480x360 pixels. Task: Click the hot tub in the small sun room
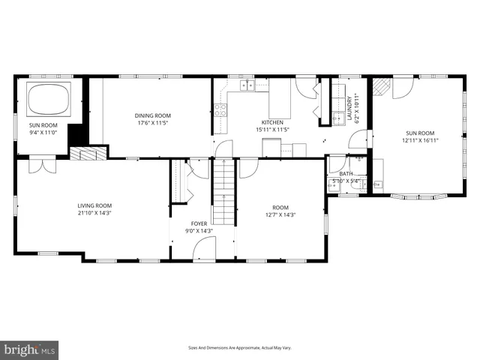47,99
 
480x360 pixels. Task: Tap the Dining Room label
153,115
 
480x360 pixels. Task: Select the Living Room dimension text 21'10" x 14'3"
94,213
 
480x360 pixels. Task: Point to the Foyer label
199,223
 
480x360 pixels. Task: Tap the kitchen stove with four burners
220,112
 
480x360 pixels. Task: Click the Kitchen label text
272,121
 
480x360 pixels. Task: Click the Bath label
345,173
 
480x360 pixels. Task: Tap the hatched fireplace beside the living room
88,153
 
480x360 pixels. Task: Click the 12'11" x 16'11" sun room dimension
421,139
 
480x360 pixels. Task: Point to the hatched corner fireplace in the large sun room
382,86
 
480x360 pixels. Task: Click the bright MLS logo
30,349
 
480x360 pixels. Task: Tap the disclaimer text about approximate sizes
239,348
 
